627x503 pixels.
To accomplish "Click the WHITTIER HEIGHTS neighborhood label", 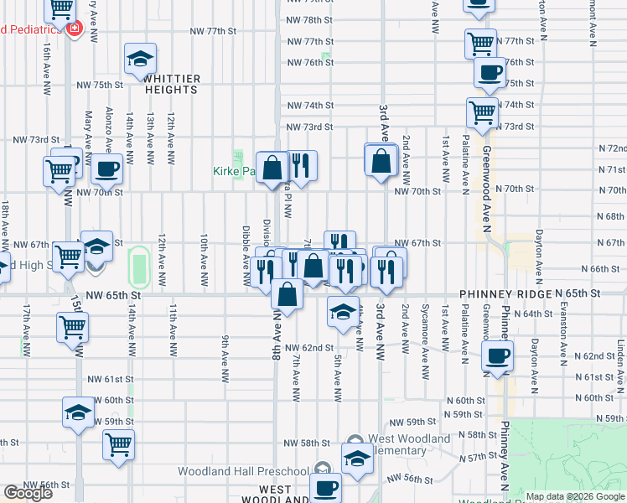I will (x=173, y=84).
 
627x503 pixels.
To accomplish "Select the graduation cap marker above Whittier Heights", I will (x=140, y=60).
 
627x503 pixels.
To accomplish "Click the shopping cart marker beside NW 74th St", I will (x=482, y=111).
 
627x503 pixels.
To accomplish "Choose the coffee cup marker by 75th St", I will (x=490, y=71).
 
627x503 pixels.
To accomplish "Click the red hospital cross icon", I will (x=75, y=29).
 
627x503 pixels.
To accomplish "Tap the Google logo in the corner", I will (x=28, y=493).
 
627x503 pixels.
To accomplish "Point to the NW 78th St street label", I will (x=310, y=19).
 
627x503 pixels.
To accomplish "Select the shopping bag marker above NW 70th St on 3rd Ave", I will (x=381, y=160).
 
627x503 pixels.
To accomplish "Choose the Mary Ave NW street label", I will (x=88, y=131).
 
